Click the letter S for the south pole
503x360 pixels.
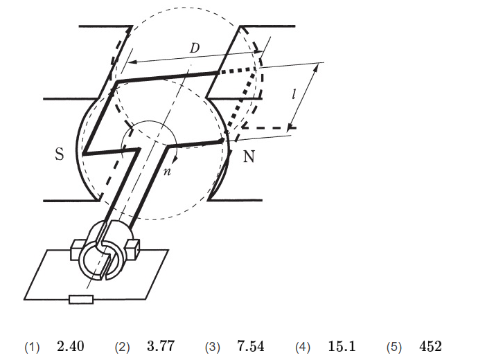pos(60,154)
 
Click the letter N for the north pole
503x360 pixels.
pos(249,156)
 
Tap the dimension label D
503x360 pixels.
pos(195,48)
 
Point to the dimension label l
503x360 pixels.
pos(294,94)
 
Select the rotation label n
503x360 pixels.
pos(167,172)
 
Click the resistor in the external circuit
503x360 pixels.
pos(81,299)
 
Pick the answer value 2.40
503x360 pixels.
pos(71,346)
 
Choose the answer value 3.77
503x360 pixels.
pos(161,346)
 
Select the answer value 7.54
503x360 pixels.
pos(251,346)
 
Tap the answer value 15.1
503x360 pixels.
pos(342,346)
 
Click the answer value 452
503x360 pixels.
pos(430,346)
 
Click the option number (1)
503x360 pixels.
pos(32,348)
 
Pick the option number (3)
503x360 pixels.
pos(213,348)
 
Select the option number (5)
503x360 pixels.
pos(394,348)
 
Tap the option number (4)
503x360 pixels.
pos(303,348)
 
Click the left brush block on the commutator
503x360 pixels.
pos(76,249)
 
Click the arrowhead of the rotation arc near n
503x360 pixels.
pos(175,159)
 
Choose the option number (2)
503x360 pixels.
pos(122,348)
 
